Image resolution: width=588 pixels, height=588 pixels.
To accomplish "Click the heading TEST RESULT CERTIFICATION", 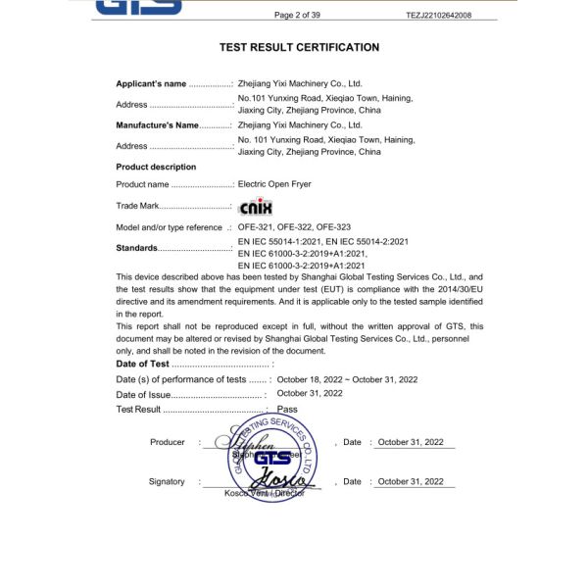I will (x=299, y=47).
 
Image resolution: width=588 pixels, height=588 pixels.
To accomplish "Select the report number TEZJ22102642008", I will (x=438, y=15).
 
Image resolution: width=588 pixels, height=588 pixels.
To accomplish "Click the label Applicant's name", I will (x=151, y=84).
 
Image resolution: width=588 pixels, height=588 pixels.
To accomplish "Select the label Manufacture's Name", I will (x=158, y=125).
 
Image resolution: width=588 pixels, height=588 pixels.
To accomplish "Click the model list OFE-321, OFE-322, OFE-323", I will (x=294, y=227).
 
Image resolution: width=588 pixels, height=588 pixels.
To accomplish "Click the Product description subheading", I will (x=156, y=168).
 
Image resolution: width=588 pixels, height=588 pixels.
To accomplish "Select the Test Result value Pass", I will (x=287, y=409).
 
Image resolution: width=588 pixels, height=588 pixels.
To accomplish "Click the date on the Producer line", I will (x=411, y=443).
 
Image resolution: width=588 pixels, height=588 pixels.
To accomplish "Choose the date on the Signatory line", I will (x=411, y=482).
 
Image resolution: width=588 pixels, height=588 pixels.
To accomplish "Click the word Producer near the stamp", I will (x=168, y=443).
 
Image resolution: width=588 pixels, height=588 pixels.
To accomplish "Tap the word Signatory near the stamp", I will (x=167, y=482).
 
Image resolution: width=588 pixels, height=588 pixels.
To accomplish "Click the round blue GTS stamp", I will (x=274, y=458).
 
